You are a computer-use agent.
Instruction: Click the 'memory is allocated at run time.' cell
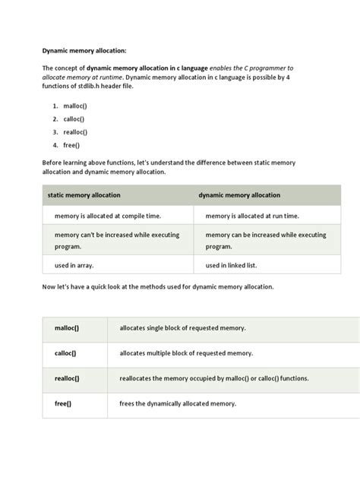(252, 216)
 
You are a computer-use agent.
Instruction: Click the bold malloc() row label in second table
(67, 329)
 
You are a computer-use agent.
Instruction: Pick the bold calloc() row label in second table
(66, 353)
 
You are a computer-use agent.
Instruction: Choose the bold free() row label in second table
(63, 403)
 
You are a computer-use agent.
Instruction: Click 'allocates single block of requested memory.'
(182, 329)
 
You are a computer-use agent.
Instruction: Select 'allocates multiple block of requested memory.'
(186, 353)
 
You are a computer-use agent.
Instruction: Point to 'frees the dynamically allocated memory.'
(178, 403)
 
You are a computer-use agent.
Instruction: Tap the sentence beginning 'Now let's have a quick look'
(163, 288)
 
